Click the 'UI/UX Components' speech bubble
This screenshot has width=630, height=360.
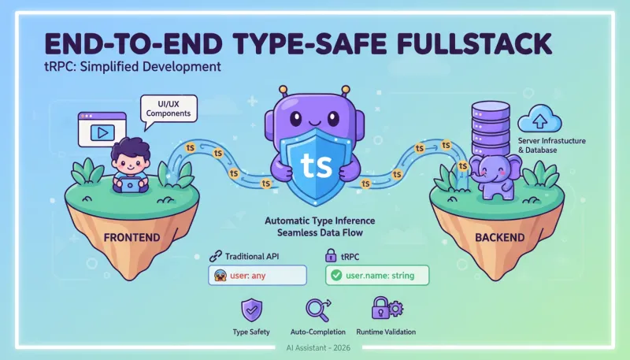tap(168, 108)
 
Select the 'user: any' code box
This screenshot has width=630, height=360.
tap(256, 276)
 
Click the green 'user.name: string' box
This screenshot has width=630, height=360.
tap(378, 276)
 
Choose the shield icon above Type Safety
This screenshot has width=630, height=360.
tap(251, 309)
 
